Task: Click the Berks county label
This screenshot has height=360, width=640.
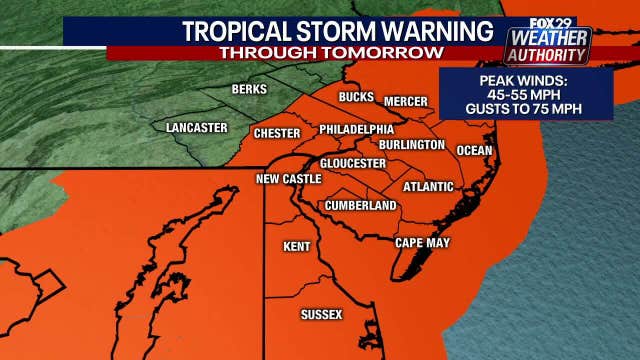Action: [249, 90]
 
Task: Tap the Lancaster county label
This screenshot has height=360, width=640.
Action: [196, 128]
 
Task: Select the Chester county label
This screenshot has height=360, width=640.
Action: [277, 133]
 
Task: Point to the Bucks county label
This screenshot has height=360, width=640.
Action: [356, 97]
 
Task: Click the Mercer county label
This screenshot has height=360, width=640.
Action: [406, 101]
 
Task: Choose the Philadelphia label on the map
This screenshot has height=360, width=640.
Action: [356, 130]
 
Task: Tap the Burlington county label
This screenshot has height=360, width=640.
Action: [412, 145]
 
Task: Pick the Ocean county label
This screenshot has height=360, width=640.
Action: [474, 151]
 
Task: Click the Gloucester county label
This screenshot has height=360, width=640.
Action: [353, 163]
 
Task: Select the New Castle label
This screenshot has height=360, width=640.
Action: [289, 179]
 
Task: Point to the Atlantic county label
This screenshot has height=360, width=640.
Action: [428, 187]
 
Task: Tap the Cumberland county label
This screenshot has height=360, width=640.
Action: [361, 206]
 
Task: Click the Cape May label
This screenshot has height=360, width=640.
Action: [423, 243]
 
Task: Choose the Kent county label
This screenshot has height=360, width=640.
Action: [297, 246]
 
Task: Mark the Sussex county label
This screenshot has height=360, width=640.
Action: [321, 315]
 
